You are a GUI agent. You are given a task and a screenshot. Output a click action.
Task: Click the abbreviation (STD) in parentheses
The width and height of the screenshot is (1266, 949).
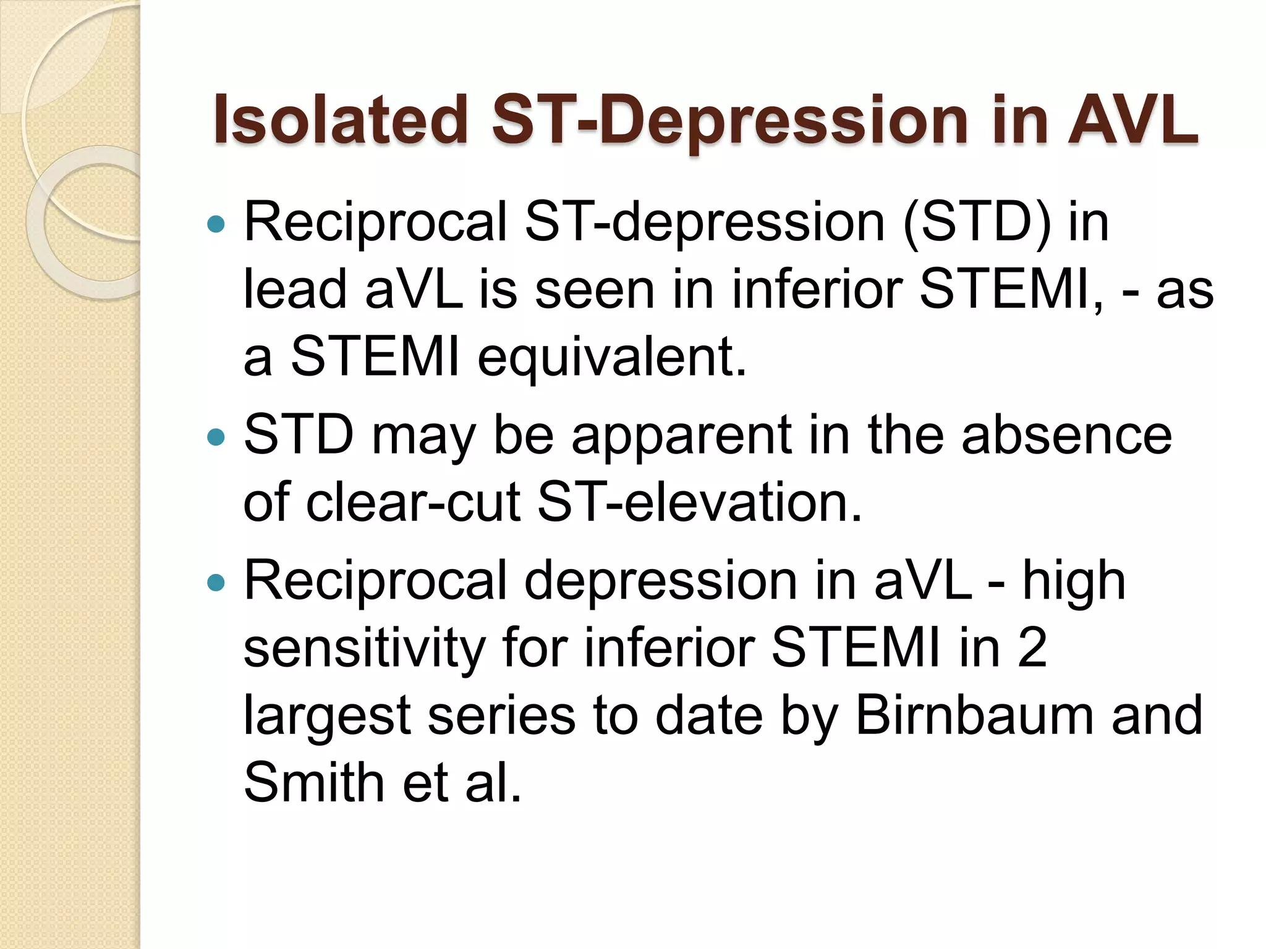977,222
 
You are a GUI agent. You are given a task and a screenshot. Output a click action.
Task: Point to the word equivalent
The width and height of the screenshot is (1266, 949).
612,358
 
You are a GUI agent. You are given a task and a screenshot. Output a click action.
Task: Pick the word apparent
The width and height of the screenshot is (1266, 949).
681,436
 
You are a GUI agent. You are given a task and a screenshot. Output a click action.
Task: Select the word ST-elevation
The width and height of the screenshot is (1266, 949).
699,502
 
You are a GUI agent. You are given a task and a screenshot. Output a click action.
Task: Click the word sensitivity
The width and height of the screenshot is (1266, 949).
365,649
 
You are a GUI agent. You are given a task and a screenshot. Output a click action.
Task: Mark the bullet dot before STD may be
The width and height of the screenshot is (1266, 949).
216,437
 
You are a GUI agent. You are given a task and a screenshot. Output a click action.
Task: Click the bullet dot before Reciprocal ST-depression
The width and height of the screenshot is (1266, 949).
216,224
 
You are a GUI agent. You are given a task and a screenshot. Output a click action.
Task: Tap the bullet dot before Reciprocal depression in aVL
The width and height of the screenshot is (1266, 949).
216,583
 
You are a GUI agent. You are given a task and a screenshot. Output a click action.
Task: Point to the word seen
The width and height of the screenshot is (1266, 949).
594,290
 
